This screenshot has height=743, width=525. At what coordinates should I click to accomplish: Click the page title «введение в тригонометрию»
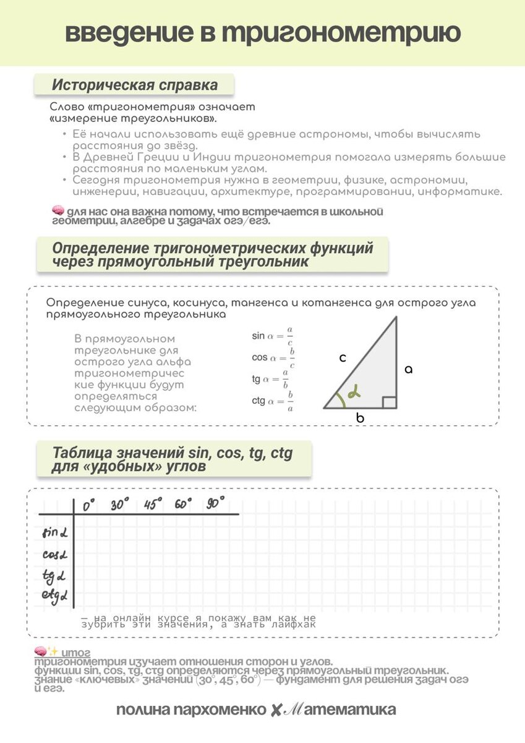[262, 33]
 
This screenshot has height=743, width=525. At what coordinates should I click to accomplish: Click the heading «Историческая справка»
[134, 85]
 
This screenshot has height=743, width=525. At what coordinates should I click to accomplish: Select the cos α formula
[273, 358]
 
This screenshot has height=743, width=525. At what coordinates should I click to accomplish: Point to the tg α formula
[270, 379]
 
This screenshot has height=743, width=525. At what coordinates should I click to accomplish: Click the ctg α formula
[272, 401]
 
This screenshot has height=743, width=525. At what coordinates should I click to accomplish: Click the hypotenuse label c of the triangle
[342, 357]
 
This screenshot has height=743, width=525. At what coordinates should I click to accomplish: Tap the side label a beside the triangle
[408, 370]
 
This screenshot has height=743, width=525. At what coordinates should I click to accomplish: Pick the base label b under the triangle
[360, 418]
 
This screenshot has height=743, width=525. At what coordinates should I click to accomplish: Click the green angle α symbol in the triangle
[353, 393]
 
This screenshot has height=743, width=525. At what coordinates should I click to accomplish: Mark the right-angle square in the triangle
[389, 402]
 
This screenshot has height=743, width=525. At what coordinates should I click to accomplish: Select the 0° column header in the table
[88, 506]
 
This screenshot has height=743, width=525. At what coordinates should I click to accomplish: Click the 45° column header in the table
[152, 504]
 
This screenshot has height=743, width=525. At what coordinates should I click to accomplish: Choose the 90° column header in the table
[216, 503]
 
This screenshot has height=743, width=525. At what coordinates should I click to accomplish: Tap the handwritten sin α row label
[54, 532]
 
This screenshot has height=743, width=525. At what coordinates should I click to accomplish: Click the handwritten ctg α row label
[54, 597]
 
